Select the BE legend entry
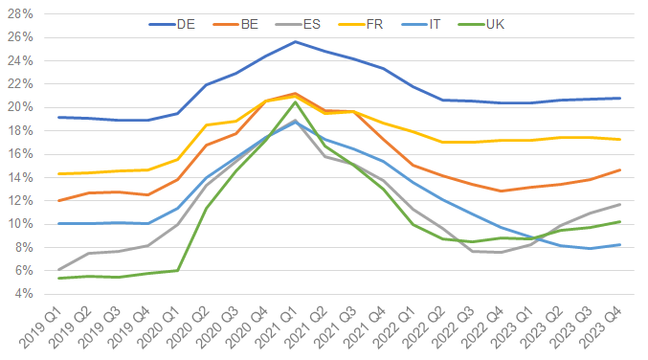tap(245, 23)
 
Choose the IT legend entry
tap(436, 23)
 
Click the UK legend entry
tap(498, 23)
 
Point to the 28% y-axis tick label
tap(21, 13)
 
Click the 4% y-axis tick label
tap(24, 294)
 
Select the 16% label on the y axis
tap(21, 154)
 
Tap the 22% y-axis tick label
tap(21, 84)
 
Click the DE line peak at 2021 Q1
tap(296, 41)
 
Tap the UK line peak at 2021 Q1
tap(296, 102)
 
